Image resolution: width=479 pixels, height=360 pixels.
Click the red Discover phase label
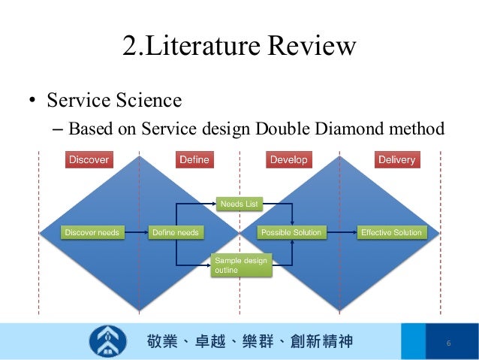[x=89, y=159]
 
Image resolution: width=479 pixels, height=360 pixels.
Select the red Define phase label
[x=194, y=159]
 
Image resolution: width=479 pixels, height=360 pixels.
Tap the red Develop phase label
[x=288, y=159]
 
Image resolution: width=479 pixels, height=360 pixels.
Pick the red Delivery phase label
[x=396, y=159]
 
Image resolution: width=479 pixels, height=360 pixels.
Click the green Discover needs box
[x=92, y=233]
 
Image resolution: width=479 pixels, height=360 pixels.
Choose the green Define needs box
[x=175, y=233]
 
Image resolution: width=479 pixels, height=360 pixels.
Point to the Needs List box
[x=239, y=204]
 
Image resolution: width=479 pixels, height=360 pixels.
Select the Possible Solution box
[x=290, y=233]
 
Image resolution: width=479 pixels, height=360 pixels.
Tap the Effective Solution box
[x=391, y=233]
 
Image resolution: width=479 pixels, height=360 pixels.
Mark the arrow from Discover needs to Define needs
[x=136, y=233]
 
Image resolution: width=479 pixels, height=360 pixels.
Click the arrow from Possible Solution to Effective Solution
[x=340, y=233]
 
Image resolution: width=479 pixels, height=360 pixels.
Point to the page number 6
[x=448, y=343]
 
